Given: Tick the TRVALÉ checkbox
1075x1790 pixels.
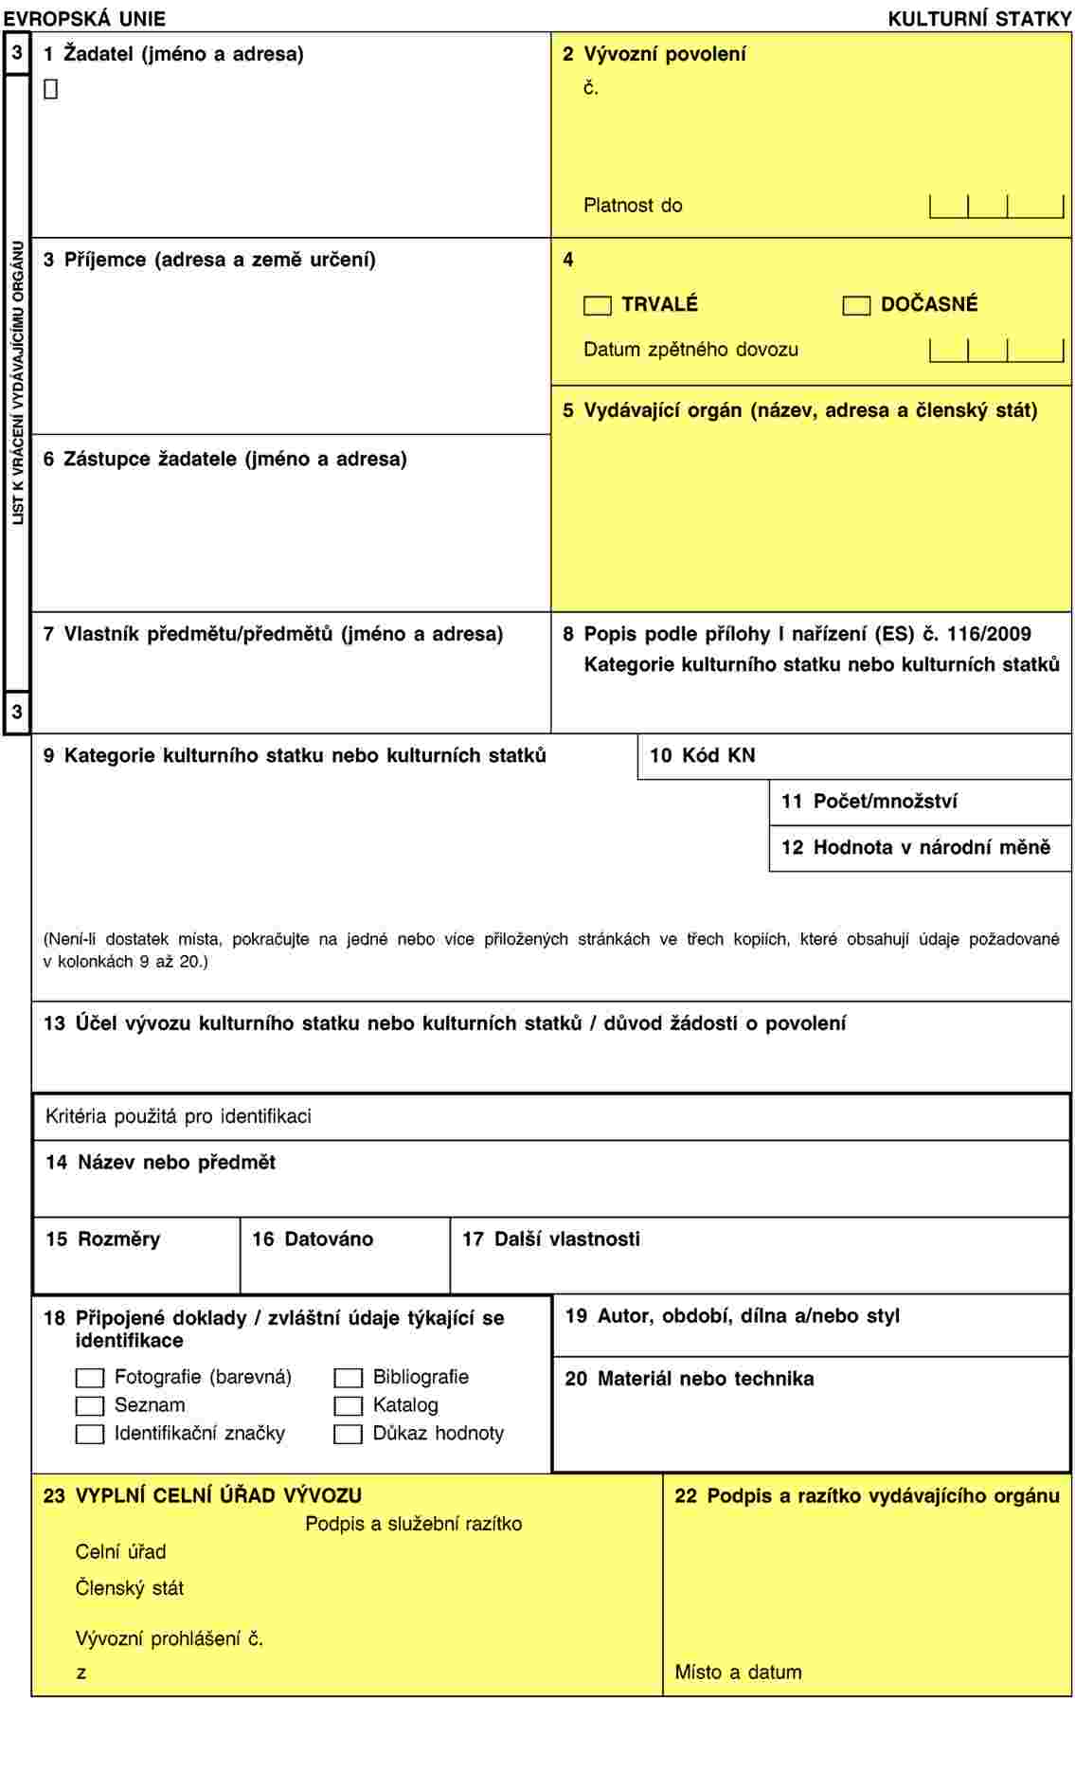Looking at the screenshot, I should point(598,305).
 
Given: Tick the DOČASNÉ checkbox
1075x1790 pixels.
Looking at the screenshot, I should point(856,305).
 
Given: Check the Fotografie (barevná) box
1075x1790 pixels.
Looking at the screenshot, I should point(90,1378).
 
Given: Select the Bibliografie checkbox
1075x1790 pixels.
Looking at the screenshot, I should point(349,1378).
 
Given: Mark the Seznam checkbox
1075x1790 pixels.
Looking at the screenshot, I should point(90,1406).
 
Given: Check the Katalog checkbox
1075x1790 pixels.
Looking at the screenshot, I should point(349,1406).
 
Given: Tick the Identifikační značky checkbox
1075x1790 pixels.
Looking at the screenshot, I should point(90,1435).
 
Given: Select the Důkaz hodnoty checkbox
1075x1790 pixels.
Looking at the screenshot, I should point(349,1435).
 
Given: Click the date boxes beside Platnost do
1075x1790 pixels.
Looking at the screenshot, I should point(996,206).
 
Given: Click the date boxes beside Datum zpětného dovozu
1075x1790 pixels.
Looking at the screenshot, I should point(996,351).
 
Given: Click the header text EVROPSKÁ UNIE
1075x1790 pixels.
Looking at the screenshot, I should point(84,18).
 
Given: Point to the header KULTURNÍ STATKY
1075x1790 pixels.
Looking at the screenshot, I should point(979,18).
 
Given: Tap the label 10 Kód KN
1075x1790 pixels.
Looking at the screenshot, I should point(703,755).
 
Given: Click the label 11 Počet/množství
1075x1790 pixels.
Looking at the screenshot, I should point(869,802).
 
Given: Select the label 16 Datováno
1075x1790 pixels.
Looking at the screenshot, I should point(313,1239).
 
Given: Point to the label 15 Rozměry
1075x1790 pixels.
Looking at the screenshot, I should point(103,1239).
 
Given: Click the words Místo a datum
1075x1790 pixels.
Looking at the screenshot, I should point(738,1672).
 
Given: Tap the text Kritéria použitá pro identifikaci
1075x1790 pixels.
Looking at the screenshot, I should point(178,1116).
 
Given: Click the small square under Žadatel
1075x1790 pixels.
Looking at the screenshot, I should point(51,89).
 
